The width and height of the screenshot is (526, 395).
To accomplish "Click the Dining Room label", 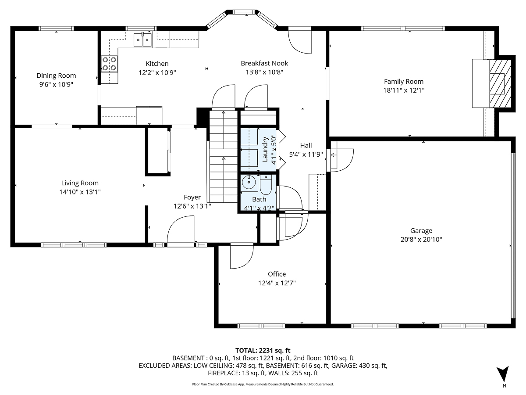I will click(56, 75).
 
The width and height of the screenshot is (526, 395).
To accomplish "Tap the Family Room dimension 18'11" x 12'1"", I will click(404, 90).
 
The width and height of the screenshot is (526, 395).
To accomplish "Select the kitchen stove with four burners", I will click(110, 64).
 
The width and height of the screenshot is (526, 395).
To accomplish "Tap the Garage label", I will click(421, 230).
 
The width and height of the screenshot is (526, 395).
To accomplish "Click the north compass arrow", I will click(504, 374).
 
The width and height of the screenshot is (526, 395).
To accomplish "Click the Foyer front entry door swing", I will click(181, 230).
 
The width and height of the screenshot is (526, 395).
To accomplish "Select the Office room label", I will click(277, 274).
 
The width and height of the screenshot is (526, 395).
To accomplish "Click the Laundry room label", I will click(265, 149).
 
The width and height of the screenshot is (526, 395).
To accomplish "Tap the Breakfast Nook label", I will click(264, 63).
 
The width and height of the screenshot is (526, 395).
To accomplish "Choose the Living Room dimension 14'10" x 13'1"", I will click(80, 192).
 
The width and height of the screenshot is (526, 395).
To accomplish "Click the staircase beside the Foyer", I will click(223, 156).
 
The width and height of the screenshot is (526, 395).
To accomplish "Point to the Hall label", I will click(306, 145).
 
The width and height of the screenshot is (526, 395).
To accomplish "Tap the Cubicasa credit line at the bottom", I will click(263, 384).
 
